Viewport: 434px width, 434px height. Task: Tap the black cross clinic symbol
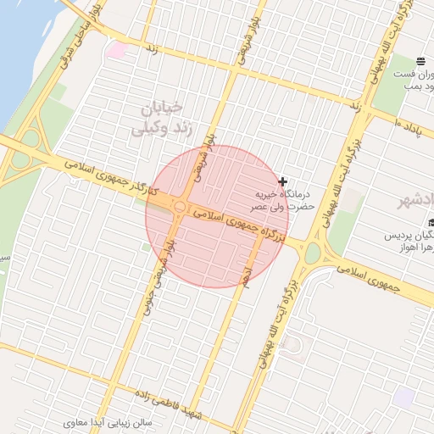pyautogui.click(x=282, y=182)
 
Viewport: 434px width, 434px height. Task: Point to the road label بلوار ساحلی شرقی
pyautogui.click(x=77, y=34)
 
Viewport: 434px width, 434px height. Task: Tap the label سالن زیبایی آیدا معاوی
pyautogui.click(x=109, y=421)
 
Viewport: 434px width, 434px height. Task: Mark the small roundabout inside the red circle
pyautogui.click(x=180, y=207)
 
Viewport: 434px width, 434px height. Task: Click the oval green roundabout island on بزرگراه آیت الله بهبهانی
pyautogui.click(x=313, y=253)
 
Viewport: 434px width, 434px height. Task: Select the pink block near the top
pyautogui.click(x=118, y=50)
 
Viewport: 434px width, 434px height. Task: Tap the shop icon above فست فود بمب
pyautogui.click(x=420, y=61)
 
